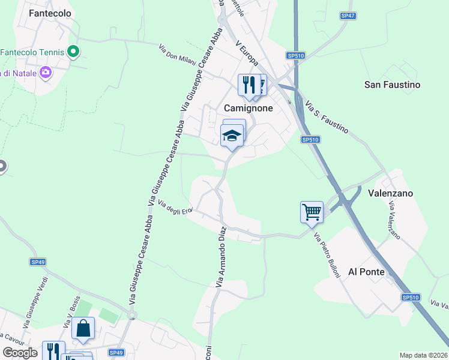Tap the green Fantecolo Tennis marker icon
click(74, 52)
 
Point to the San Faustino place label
click(393, 85)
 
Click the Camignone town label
click(248, 109)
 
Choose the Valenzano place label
click(390, 194)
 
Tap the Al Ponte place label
click(366, 272)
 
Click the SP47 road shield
click(348, 16)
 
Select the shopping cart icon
click(312, 211)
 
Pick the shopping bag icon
click(83, 328)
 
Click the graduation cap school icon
click(232, 136)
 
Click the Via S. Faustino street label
click(327, 117)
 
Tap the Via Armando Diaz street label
click(221, 256)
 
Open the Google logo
click(19, 353)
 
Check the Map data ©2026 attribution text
click(423, 355)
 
